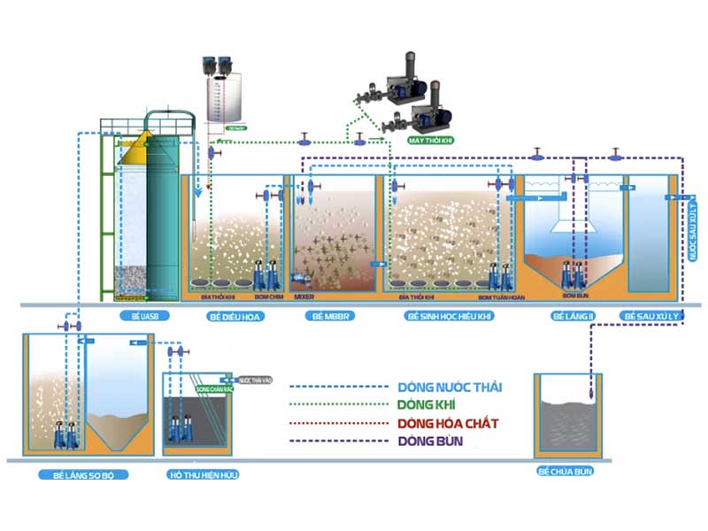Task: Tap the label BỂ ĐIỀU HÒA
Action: (231, 315)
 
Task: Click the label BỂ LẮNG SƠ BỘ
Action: (84, 474)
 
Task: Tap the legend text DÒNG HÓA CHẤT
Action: (448, 423)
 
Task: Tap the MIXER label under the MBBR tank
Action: (304, 298)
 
